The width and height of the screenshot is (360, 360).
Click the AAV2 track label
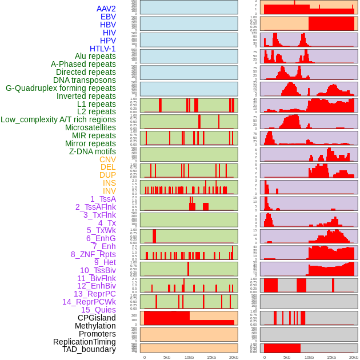pyautogui.click(x=106, y=9)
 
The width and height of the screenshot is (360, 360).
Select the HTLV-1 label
pyautogui.click(x=102, y=49)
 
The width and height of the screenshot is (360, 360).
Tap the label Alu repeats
pyautogui.click(x=95, y=56)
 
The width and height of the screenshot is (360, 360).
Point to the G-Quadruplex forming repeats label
pyautogui.click(x=61, y=88)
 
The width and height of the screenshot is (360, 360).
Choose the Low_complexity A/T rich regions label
pyautogui.click(x=58, y=119)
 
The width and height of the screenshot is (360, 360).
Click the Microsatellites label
pyautogui.click(x=90, y=127)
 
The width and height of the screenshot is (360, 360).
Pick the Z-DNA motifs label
pyautogui.click(x=92, y=151)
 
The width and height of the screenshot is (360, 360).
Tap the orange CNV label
pyautogui.click(x=107, y=159)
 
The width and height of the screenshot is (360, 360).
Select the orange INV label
pyautogui.click(x=109, y=191)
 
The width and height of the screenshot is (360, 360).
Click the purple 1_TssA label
pyautogui.click(x=103, y=199)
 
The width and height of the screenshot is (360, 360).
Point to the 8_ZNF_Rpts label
pyautogui.click(x=93, y=254)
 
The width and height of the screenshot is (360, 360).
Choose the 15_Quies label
pyautogui.click(x=98, y=310)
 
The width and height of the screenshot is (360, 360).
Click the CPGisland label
pyautogui.click(x=97, y=318)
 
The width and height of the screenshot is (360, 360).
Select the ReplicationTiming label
pyautogui.click(x=84, y=342)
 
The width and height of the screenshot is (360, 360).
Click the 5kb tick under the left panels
pyautogui.click(x=167, y=357)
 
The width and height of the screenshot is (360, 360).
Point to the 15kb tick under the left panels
pyautogui.click(x=211, y=357)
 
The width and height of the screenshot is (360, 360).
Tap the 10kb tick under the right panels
pyautogui.click(x=309, y=357)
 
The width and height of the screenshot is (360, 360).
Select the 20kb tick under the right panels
pyautogui.click(x=353, y=357)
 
